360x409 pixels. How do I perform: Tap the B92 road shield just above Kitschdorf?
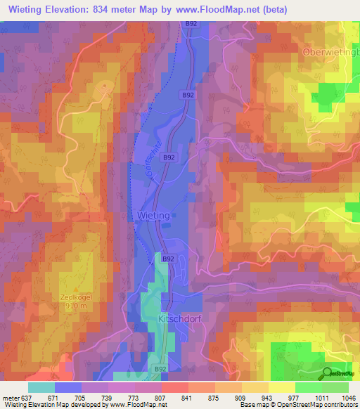pos(168,259)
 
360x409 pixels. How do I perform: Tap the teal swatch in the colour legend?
pos(41,387)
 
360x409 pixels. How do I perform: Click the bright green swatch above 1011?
pos(309,387)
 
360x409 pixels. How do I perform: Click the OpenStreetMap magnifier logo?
pos(328,373)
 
